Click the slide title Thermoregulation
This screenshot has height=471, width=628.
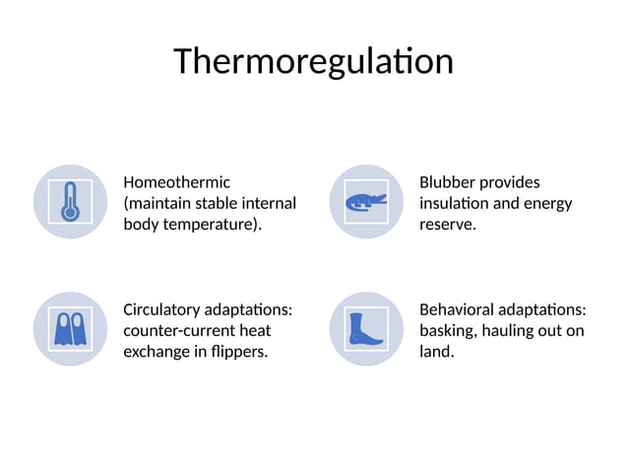[313, 61]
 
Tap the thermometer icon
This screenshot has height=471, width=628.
[70, 202]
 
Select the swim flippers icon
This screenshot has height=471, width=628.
[70, 329]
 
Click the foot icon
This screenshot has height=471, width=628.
[366, 329]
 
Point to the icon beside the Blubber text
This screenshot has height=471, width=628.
[366, 202]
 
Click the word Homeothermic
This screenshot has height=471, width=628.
[176, 182]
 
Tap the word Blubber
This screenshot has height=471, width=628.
[448, 182]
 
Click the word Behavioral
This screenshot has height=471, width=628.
[456, 309]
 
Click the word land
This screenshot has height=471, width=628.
[436, 352]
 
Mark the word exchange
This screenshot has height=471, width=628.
[156, 352]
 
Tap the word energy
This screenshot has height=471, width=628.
[548, 204]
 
